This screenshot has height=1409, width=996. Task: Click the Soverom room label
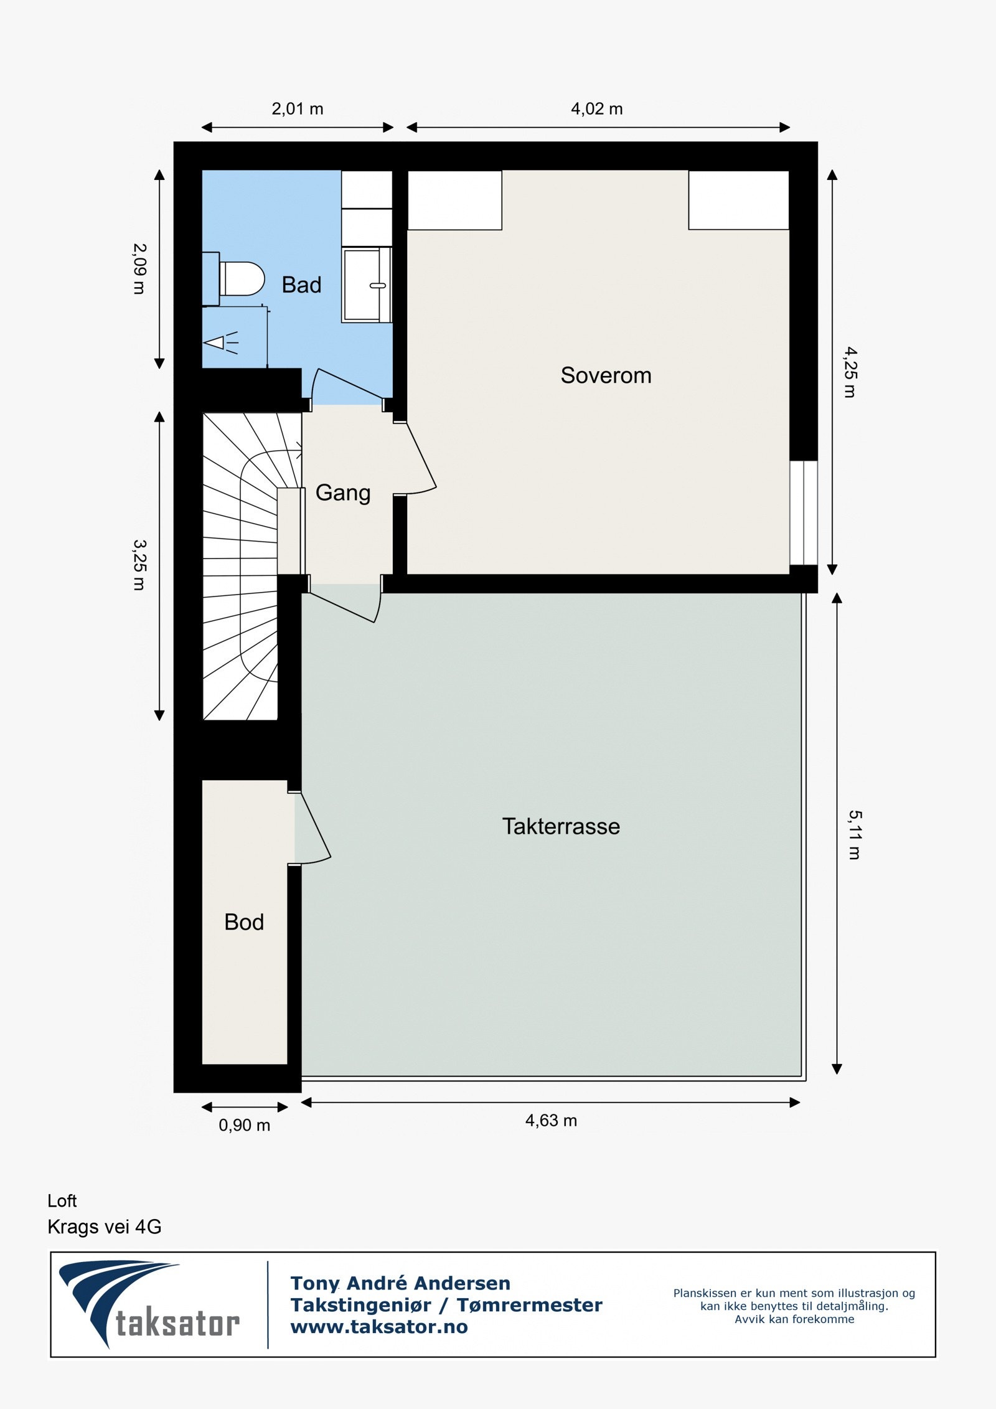pyautogui.click(x=606, y=375)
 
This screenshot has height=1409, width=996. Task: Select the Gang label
pyautogui.click(x=343, y=493)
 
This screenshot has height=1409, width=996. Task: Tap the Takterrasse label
pyautogui.click(x=561, y=826)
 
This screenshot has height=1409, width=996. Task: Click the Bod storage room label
pyautogui.click(x=244, y=922)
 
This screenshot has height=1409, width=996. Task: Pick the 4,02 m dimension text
pyautogui.click(x=596, y=109)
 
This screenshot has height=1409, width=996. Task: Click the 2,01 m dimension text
pyautogui.click(x=297, y=109)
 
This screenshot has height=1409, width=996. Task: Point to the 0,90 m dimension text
pyautogui.click(x=244, y=1125)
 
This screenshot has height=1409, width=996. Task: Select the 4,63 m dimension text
pyautogui.click(x=551, y=1121)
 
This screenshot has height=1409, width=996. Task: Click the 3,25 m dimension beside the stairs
pyautogui.click(x=139, y=564)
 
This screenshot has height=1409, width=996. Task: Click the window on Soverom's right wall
pyautogui.click(x=804, y=512)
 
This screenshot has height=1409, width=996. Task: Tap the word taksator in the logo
pyautogui.click(x=177, y=1323)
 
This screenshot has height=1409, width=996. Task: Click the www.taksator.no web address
pyautogui.click(x=378, y=1327)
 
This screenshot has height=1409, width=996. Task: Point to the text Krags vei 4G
pyautogui.click(x=104, y=1227)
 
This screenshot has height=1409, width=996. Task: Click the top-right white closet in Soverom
pyautogui.click(x=738, y=200)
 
